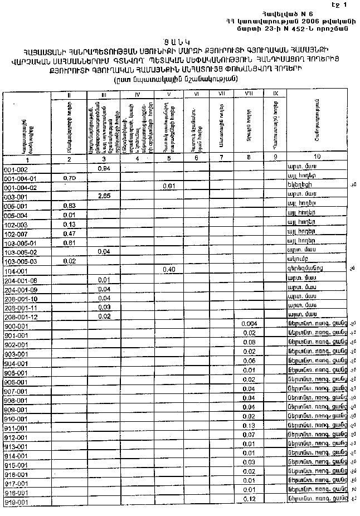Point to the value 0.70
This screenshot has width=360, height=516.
pos(70,178)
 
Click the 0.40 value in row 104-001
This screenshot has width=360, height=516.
pos(169,270)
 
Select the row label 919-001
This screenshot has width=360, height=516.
pos(16,503)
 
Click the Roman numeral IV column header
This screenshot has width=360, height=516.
pos(137,94)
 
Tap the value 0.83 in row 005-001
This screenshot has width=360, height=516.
pos(70,206)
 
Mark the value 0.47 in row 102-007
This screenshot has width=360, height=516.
pos(70,233)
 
